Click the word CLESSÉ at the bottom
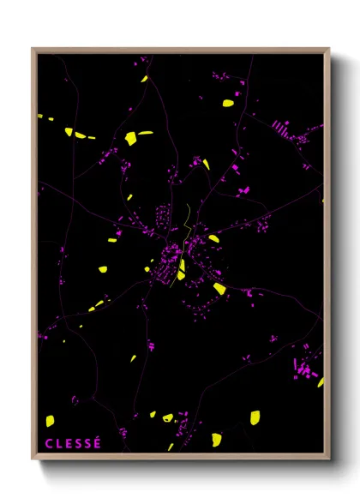coord(73,443)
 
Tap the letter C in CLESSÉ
coord(48,443)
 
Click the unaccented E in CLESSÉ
coord(68,443)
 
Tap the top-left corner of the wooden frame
coord(33,49)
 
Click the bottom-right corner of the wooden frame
coord(328,459)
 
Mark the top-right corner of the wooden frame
coord(328,49)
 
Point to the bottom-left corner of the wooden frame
coord(33,459)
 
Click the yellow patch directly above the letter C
coord(50,420)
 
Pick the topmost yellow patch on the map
coord(145,79)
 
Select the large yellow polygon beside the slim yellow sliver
coord(130,138)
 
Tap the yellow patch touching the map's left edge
coord(43,117)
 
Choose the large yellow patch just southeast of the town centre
coord(219,288)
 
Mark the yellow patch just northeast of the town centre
coord(213,238)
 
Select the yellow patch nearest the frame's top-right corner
coord(228,103)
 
